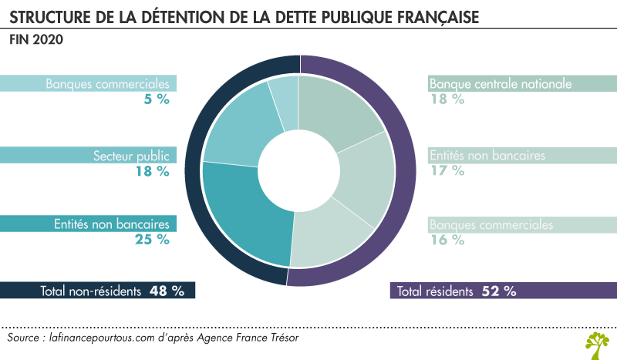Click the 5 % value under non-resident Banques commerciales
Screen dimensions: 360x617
(x=157, y=99)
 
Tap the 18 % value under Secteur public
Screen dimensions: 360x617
(x=153, y=171)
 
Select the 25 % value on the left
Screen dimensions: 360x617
(x=153, y=239)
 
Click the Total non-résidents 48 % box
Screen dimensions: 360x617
(x=98, y=291)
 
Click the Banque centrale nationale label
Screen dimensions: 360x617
(x=500, y=83)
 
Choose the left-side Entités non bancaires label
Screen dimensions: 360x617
(x=112, y=224)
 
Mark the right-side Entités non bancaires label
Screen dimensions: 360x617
(x=487, y=156)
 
